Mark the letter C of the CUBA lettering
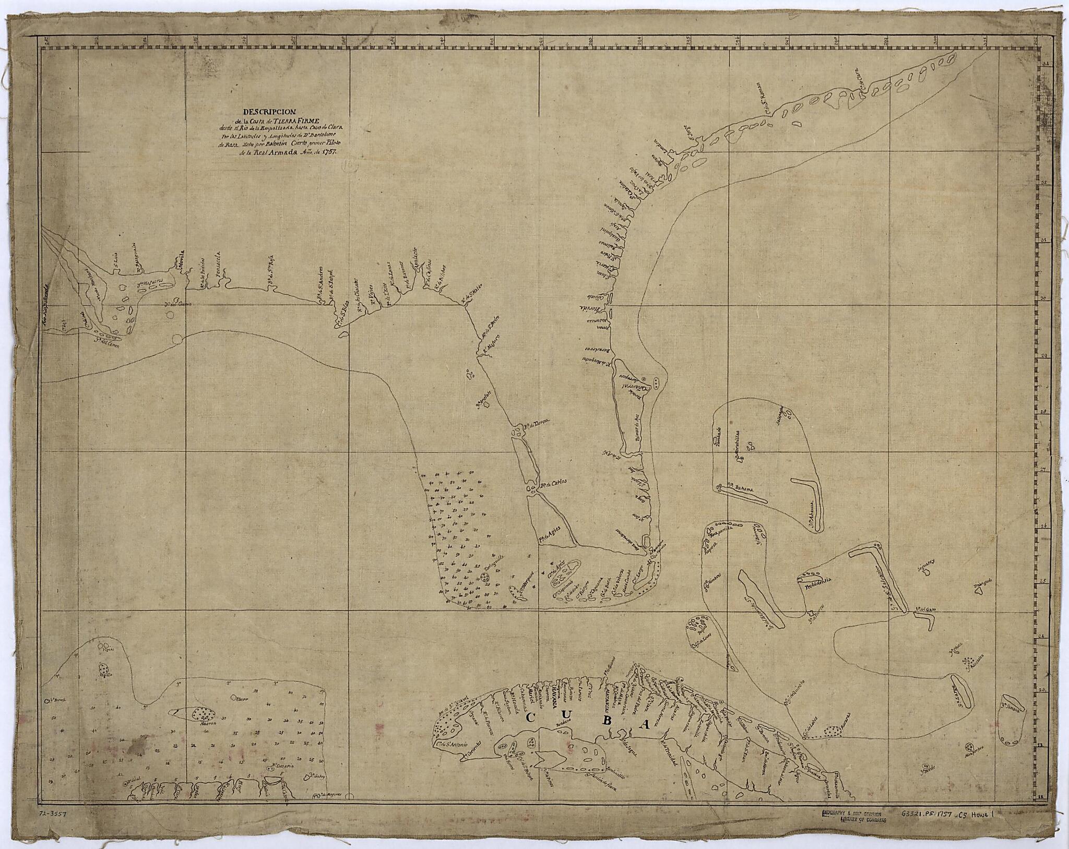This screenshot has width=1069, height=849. click(x=529, y=718)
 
